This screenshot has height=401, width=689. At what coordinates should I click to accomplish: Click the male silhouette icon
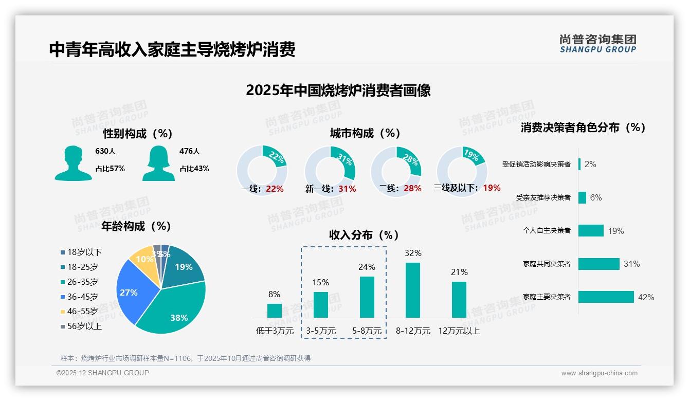click(x=74, y=163)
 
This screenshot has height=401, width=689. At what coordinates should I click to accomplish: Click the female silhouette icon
click(x=158, y=163)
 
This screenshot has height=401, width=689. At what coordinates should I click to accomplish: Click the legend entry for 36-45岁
click(x=82, y=297)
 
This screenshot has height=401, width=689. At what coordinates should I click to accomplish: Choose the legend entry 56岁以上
click(x=84, y=326)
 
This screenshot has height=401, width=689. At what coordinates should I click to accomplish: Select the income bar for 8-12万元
click(x=413, y=290)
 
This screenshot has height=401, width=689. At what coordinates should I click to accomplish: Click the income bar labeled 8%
click(x=275, y=311)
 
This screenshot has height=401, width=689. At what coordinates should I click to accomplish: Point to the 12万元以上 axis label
click(x=459, y=331)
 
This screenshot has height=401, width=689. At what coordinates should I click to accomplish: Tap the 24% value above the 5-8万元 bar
click(x=367, y=267)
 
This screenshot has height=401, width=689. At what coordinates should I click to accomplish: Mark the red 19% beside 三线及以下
click(x=492, y=188)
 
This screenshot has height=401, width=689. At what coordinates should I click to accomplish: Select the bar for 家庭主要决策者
click(x=606, y=297)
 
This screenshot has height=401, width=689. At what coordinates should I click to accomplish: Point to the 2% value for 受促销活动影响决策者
click(x=590, y=164)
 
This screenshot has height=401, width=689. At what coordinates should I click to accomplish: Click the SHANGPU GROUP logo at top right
click(x=597, y=43)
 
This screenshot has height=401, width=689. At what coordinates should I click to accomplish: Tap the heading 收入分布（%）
click(x=364, y=235)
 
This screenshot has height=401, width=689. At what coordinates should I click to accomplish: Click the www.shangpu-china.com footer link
click(x=599, y=373)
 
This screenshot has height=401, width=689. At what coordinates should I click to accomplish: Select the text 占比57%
click(x=110, y=169)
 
